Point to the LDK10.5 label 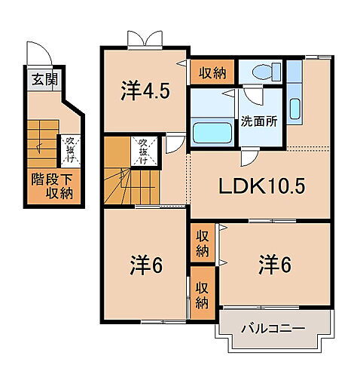pyautogui.click(x=261, y=185)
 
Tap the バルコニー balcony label pyautogui.click(x=272, y=329)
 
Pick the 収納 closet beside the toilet pyautogui.click(x=212, y=73)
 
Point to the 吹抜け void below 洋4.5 pyautogui.click(x=142, y=149)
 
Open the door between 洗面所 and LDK pyautogui.click(x=249, y=156)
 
